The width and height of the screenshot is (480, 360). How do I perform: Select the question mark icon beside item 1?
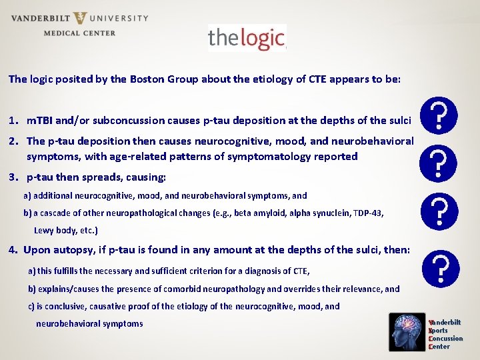coord(439,115)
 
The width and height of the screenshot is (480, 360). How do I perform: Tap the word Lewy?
coord(45,231)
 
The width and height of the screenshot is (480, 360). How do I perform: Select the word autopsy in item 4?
coord(71,250)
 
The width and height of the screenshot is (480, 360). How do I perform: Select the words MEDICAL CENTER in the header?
coord(79,33)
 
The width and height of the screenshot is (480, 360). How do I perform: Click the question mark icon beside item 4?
coord(439,269)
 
